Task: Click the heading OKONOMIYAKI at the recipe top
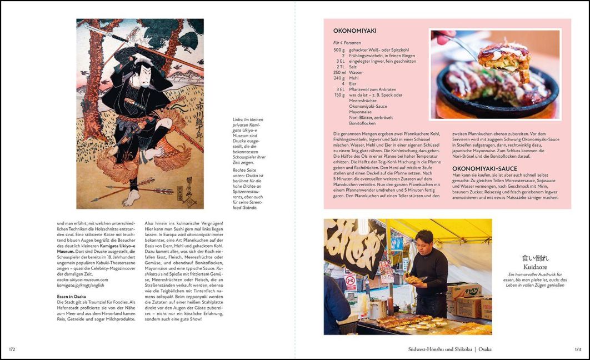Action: click(x=354, y=31)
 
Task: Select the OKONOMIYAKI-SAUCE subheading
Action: click(x=484, y=168)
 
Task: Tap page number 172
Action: click(x=12, y=349)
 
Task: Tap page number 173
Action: click(x=577, y=349)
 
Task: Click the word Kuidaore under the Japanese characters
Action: click(x=535, y=267)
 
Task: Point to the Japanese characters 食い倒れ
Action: click(x=535, y=258)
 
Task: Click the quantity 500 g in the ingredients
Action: click(x=339, y=50)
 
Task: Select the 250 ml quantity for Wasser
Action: click(x=339, y=73)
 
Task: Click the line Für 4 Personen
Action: click(x=347, y=42)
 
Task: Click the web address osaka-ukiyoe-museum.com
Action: click(x=83, y=280)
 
